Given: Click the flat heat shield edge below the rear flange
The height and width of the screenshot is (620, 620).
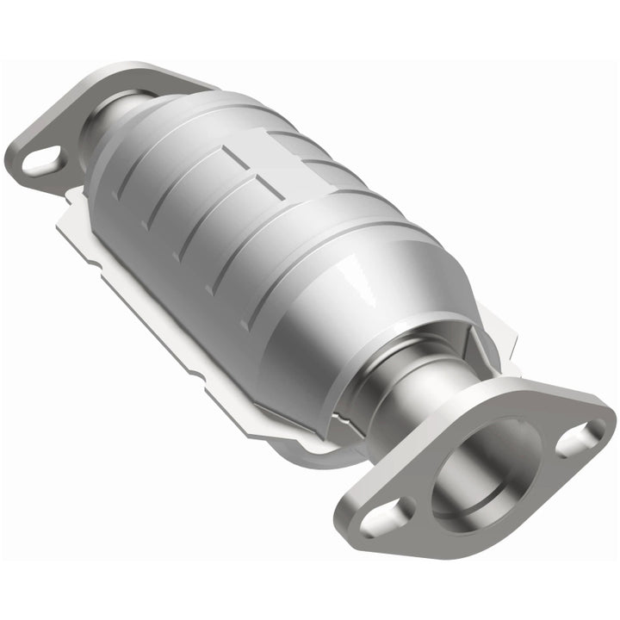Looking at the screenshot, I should [x=86, y=224].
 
